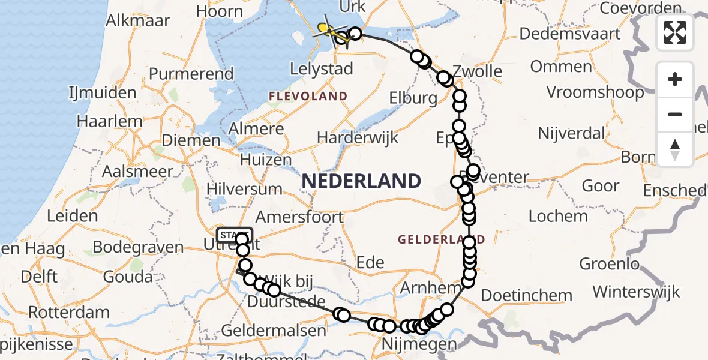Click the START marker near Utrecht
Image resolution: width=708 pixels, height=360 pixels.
pyautogui.click(x=235, y=234)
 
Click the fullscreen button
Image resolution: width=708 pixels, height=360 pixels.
pyautogui.click(x=675, y=32)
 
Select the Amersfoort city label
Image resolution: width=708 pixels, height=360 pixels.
pyautogui.click(x=299, y=217)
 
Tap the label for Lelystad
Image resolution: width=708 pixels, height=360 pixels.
pyautogui.click(x=321, y=69)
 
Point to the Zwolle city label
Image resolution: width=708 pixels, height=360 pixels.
pyautogui.click(x=478, y=71)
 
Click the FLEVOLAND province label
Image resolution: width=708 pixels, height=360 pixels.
pyautogui.click(x=308, y=96)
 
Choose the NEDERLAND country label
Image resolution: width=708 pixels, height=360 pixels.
pyautogui.click(x=361, y=181)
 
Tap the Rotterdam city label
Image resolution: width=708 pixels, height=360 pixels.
pyautogui.click(x=69, y=312)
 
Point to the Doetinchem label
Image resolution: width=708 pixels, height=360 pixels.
pyautogui.click(x=527, y=295)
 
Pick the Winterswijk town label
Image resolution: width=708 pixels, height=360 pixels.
pyautogui.click(x=636, y=292)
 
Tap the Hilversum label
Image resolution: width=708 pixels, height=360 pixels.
pyautogui.click(x=244, y=188)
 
